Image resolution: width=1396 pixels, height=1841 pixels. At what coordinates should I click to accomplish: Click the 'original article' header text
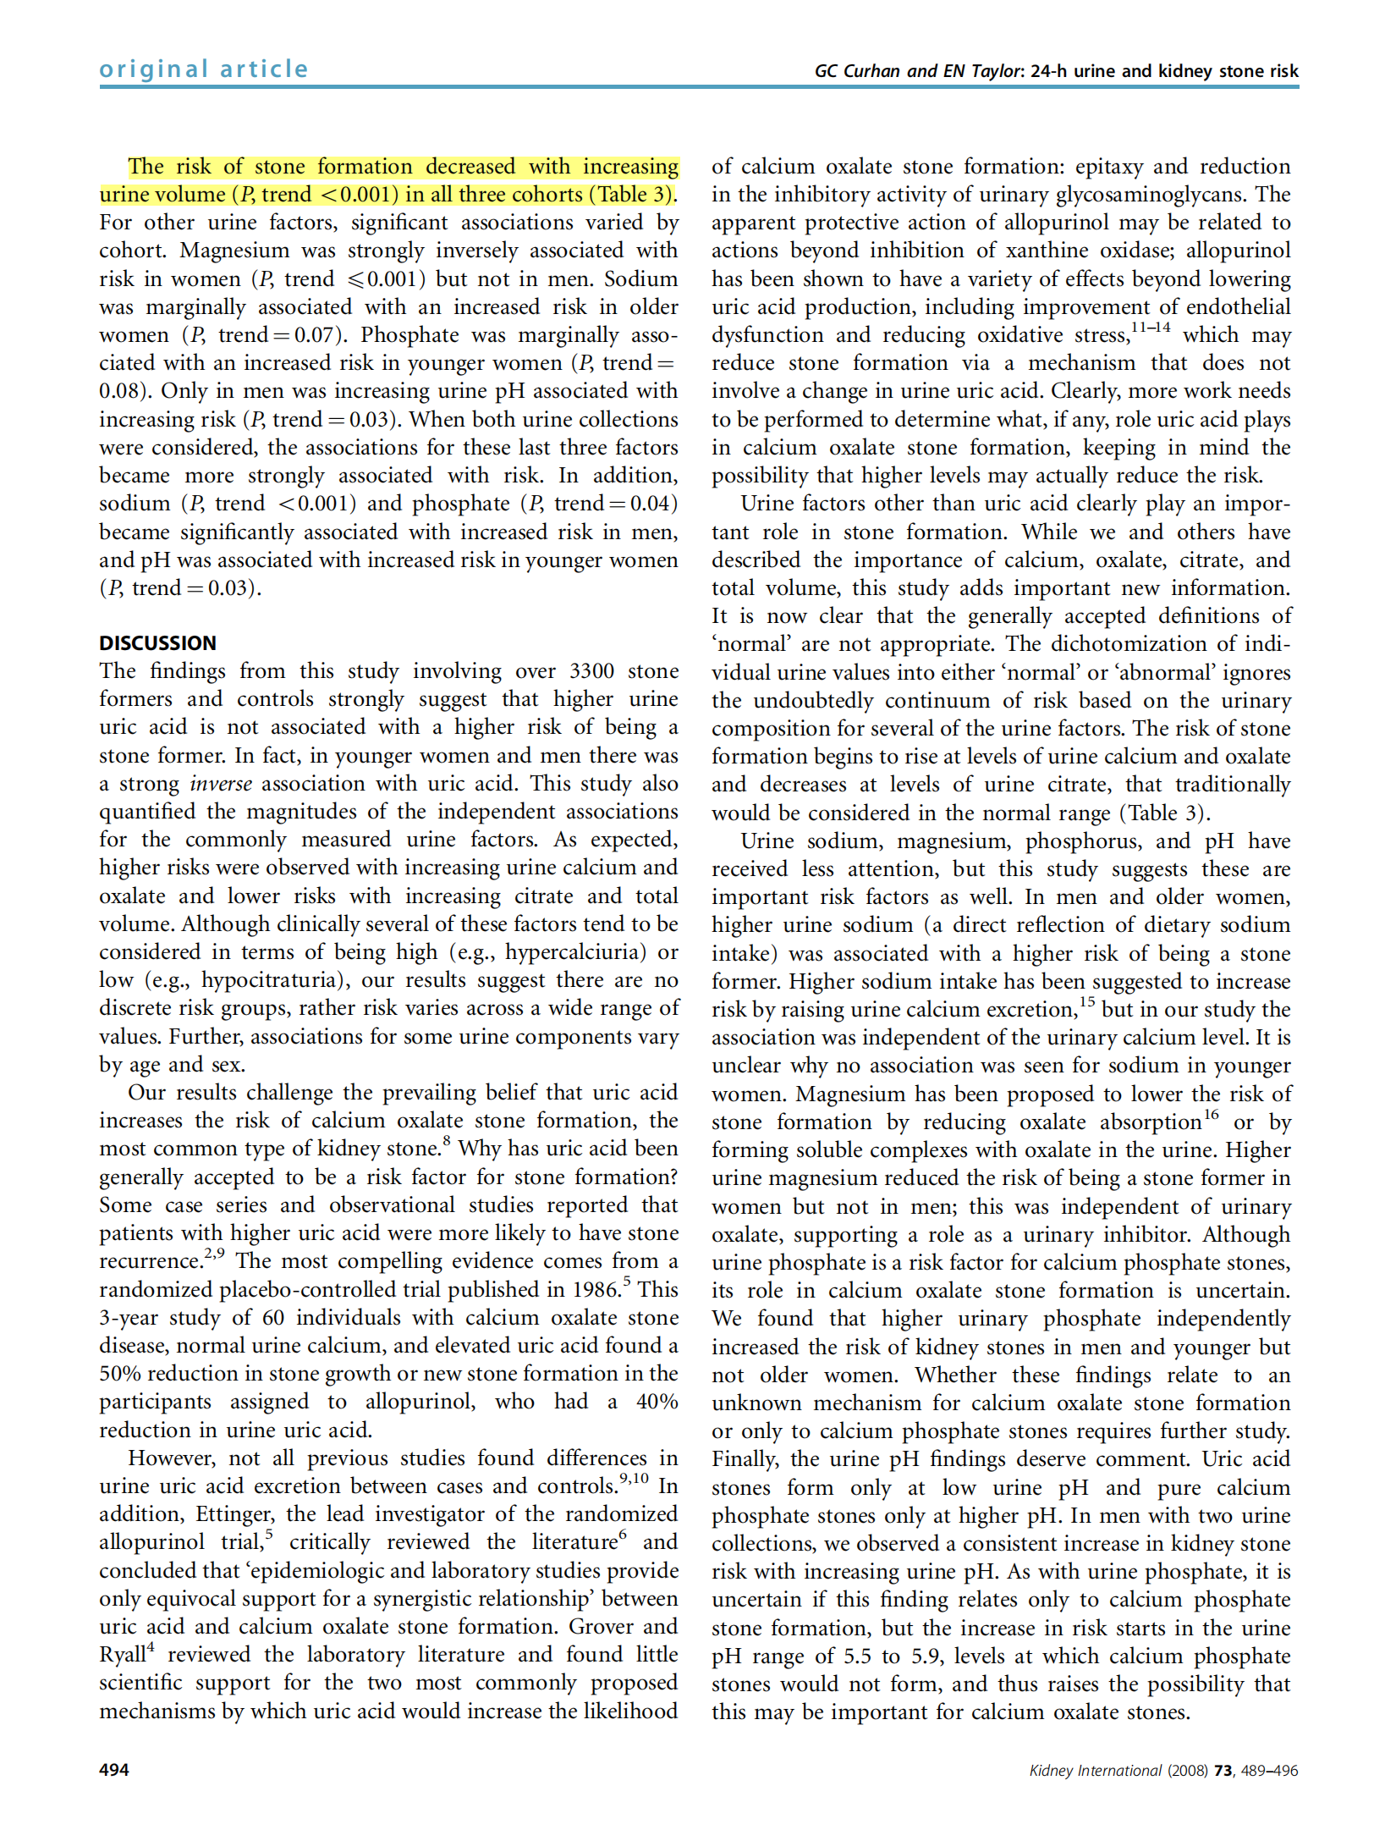click(204, 69)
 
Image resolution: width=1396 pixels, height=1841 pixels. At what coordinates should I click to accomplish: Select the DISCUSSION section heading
click(157, 642)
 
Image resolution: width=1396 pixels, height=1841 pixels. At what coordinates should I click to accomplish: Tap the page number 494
click(114, 1770)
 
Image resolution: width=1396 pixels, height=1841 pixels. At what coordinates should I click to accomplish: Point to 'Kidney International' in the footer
click(1095, 1771)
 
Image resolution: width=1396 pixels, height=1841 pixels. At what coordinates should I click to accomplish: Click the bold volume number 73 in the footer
click(1223, 1771)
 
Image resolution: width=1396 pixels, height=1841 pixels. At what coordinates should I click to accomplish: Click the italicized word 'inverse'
click(221, 784)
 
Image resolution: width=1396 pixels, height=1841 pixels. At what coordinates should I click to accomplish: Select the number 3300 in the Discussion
click(591, 671)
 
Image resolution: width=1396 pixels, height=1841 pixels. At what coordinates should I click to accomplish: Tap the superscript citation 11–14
click(1151, 328)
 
